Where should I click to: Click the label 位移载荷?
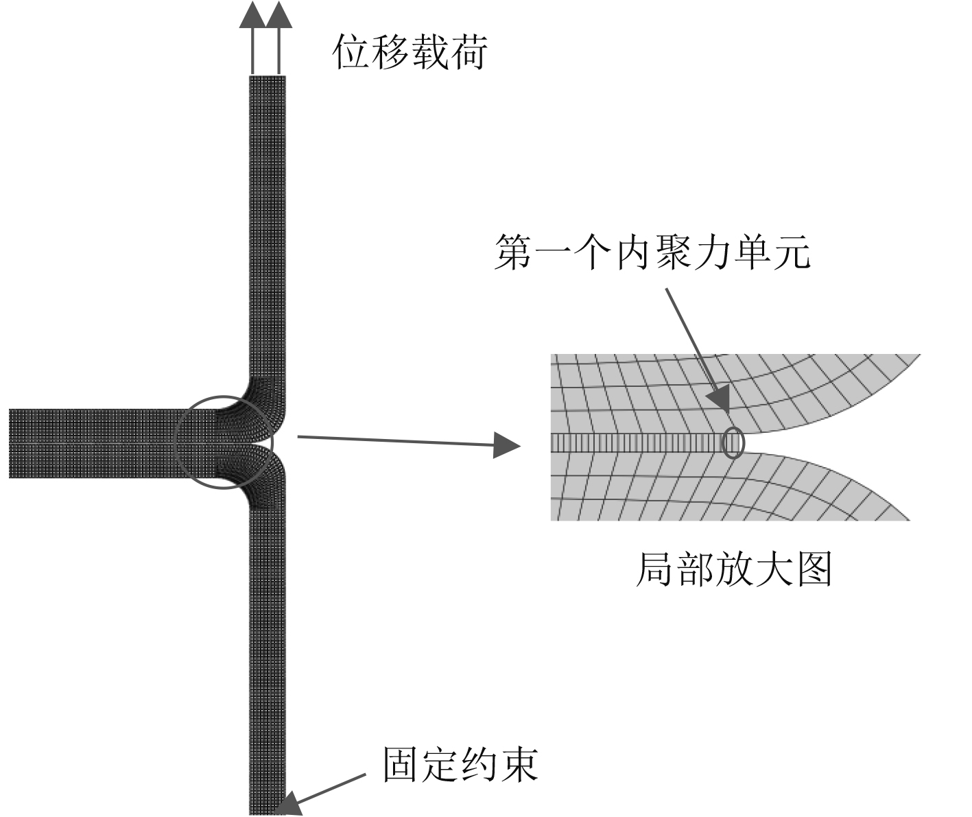point(410,52)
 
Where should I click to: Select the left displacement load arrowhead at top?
point(252,15)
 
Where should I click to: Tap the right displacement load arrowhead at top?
point(278,15)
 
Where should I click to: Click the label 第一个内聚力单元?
point(652,252)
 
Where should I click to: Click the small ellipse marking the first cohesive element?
point(733,442)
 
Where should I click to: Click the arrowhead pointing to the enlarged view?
point(507,446)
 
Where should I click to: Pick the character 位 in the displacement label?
point(352,52)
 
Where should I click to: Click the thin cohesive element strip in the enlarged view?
point(638,444)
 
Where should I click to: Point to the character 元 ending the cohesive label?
point(790,252)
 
